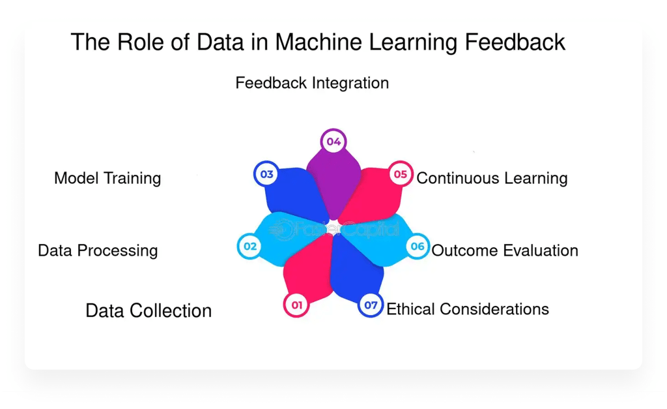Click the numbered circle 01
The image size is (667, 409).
click(x=296, y=305)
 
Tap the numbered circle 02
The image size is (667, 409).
click(x=250, y=247)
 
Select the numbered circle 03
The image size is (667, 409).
click(x=266, y=174)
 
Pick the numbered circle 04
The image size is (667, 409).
click(x=334, y=142)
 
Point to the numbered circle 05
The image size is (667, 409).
click(x=401, y=174)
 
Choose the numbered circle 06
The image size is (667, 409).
click(x=418, y=247)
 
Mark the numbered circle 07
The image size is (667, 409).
click(x=371, y=305)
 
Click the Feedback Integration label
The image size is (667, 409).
click(x=312, y=83)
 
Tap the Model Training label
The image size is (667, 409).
click(x=107, y=178)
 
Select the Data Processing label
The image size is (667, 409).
click(x=98, y=250)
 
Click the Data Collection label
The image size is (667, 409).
click(x=149, y=311)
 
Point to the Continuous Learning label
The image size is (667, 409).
click(x=492, y=178)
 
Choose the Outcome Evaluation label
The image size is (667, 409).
click(x=505, y=250)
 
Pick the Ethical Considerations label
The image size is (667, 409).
click(x=468, y=309)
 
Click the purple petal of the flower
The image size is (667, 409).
click(x=334, y=183)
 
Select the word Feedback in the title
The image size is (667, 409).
click(x=515, y=42)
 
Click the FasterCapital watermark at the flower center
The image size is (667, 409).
click(x=334, y=230)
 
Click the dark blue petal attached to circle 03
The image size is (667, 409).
click(x=296, y=194)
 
